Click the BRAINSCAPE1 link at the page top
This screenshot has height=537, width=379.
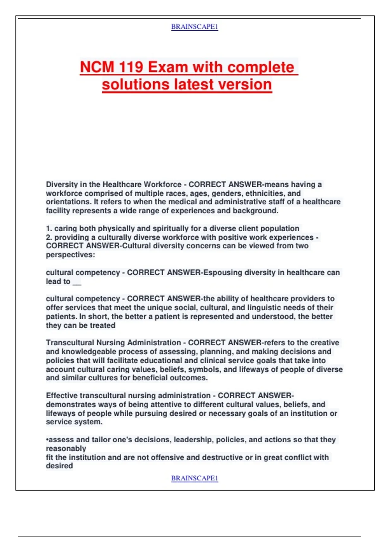(x=195, y=27)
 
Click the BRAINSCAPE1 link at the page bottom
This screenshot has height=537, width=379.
(x=195, y=478)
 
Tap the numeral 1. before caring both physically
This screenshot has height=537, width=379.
(x=49, y=228)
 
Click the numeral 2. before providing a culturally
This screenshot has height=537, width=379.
(x=49, y=237)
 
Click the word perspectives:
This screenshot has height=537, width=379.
(x=70, y=255)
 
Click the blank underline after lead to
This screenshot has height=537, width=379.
(x=77, y=282)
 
